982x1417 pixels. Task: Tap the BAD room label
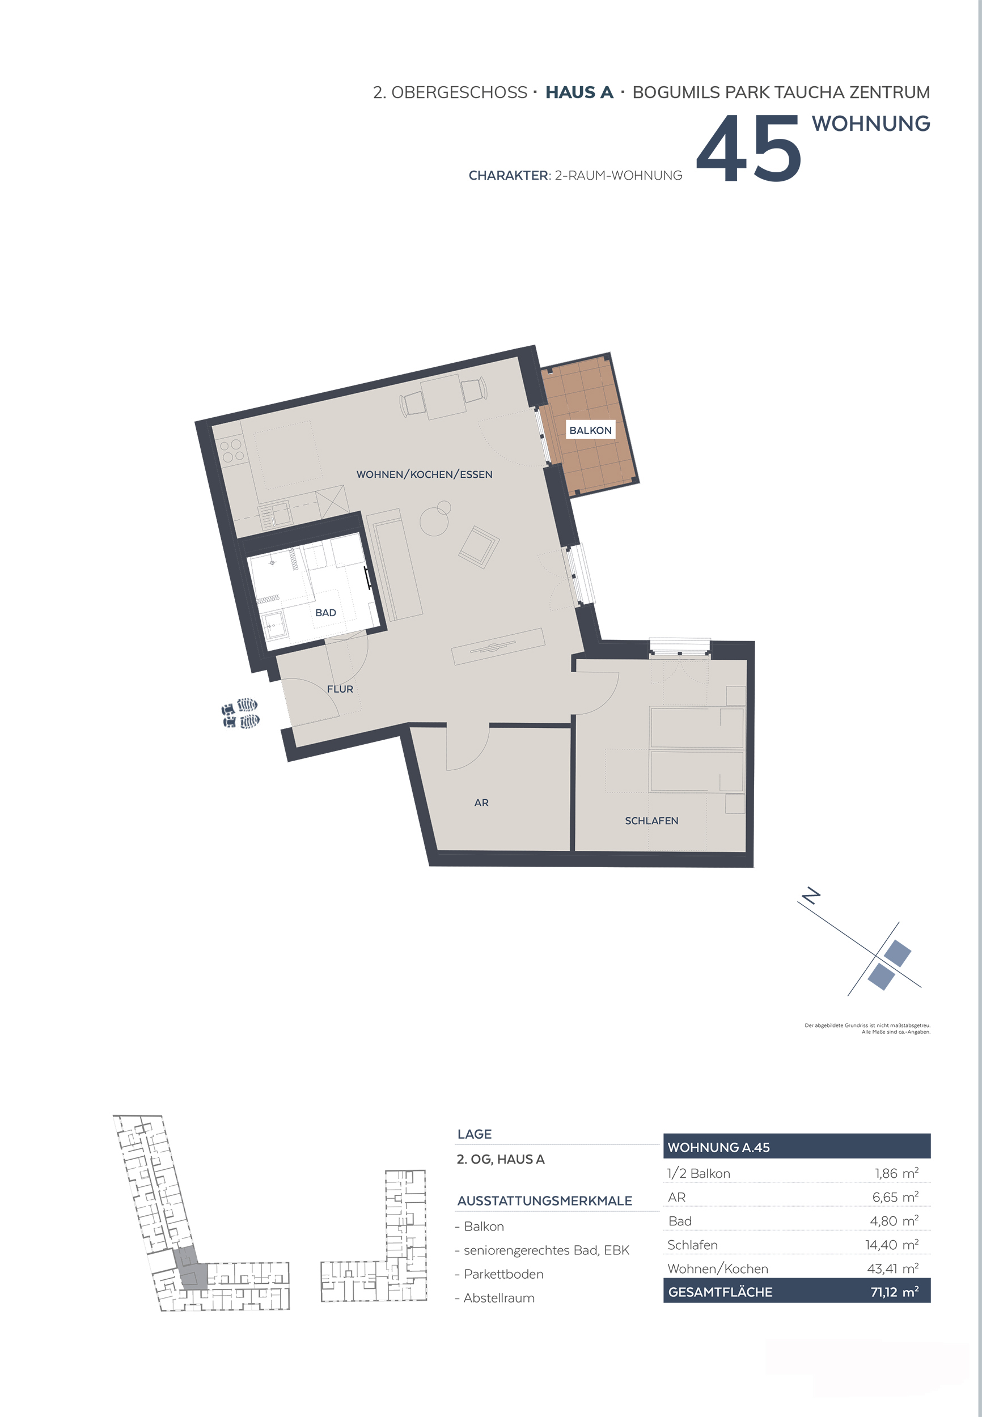point(325,613)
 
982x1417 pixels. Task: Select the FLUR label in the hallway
point(340,689)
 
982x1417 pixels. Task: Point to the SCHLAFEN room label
point(651,820)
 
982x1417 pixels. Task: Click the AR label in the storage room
point(481,803)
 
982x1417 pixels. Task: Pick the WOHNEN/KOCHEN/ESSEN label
point(425,474)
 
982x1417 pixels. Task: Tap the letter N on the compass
point(812,896)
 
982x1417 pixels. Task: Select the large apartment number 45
point(749,149)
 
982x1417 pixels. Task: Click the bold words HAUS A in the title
point(579,92)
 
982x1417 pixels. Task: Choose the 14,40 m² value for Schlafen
point(891,1244)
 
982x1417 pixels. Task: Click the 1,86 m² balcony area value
point(896,1173)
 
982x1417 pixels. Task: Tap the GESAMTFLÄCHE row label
point(720,1292)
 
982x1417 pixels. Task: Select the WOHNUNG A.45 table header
point(719,1147)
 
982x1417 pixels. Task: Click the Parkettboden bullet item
point(503,1274)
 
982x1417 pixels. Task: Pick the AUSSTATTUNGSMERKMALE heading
point(544,1200)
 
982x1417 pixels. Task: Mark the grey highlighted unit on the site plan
point(189,1267)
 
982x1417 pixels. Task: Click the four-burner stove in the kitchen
point(232,451)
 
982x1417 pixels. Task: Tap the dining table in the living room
point(443,397)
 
